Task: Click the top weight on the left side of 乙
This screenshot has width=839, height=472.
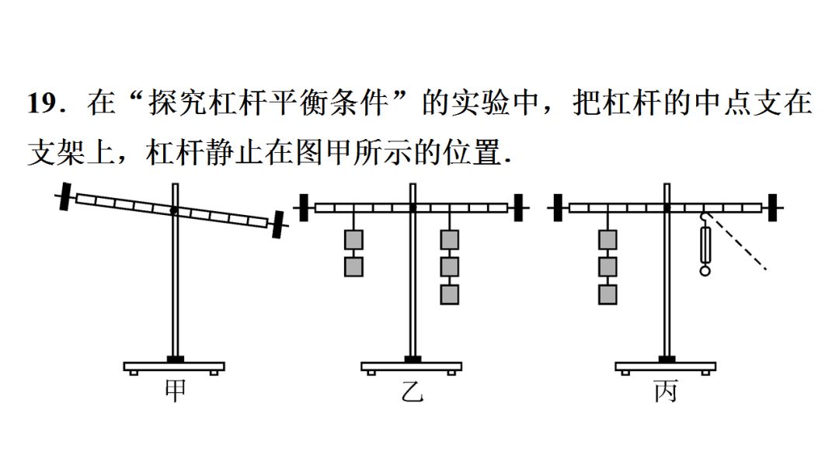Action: coord(353,239)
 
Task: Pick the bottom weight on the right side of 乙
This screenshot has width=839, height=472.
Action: coord(449,294)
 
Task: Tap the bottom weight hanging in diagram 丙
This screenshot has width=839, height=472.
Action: coord(607,294)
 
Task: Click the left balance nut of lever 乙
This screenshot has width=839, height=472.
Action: coord(305,207)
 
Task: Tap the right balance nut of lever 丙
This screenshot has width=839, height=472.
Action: coord(774,207)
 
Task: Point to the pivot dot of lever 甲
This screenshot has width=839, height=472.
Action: coord(174,210)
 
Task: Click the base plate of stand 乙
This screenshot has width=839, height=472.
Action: coord(412,366)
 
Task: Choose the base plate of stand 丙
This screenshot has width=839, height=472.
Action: coord(666,366)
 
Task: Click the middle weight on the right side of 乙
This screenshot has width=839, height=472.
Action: coord(449,267)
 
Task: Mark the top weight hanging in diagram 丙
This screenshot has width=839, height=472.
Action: coord(607,239)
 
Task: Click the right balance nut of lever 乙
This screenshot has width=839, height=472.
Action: coord(518,207)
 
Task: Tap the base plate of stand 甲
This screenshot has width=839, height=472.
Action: coord(174,366)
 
